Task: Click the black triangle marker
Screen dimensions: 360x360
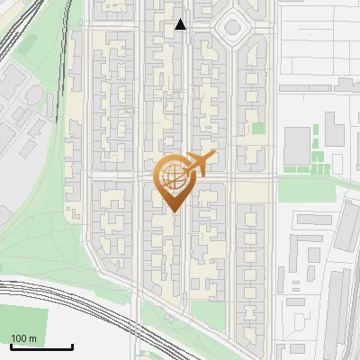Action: [x=181, y=24]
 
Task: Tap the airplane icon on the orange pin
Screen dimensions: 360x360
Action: [x=196, y=164]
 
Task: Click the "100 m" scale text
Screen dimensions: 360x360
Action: [x=23, y=338]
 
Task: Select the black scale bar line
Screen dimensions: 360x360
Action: [x=41, y=346]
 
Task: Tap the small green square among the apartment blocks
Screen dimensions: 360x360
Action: [x=258, y=128]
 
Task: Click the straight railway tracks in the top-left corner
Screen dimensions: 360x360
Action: [x=18, y=36]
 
